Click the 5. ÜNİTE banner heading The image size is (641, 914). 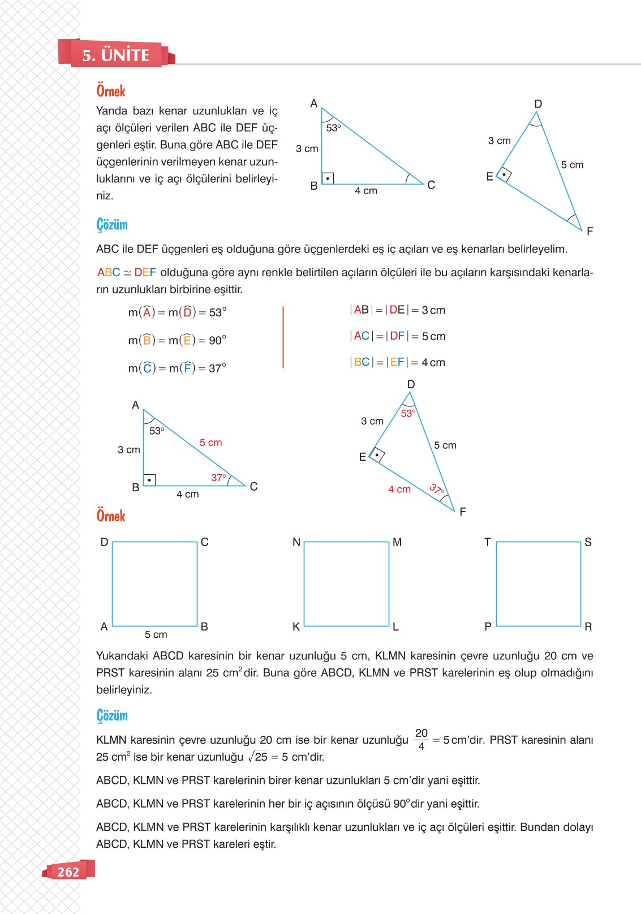115,55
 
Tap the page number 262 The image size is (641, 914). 68,872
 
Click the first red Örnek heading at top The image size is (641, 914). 111,91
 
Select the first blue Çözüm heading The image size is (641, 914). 112,225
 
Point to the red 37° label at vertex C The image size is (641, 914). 218,478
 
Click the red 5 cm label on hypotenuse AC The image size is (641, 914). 210,443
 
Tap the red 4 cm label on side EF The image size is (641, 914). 399,489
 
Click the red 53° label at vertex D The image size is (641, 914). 408,413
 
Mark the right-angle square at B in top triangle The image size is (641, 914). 328,178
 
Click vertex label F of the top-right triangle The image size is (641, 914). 590,231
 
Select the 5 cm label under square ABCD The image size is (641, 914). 156,634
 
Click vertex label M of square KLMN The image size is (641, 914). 397,542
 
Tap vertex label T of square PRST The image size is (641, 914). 487,542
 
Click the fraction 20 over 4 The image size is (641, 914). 421,740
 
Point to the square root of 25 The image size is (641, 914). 258,757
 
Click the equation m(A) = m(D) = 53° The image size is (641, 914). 177,312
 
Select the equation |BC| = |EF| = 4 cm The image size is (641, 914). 398,362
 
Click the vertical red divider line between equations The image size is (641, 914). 283,337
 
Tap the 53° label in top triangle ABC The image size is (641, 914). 333,128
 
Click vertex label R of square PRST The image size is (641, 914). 588,627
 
